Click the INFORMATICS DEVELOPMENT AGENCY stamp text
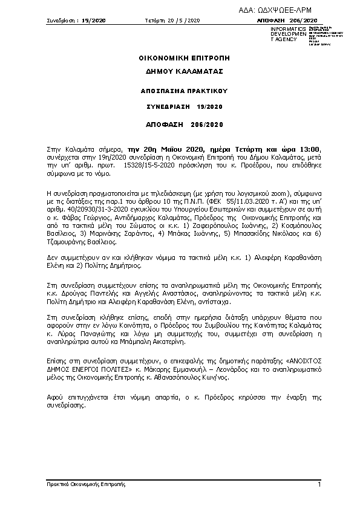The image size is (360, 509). pos(285,34)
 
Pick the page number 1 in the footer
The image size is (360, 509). pos(319,485)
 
